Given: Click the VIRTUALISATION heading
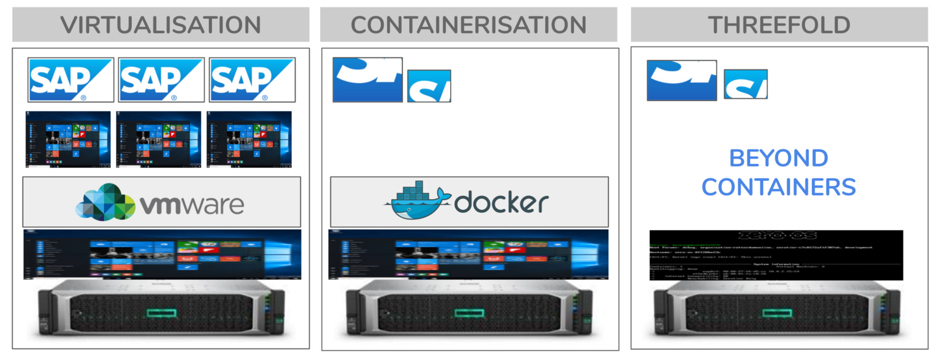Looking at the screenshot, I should pyautogui.click(x=161, y=25).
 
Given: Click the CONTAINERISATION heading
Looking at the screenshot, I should pyautogui.click(x=468, y=25).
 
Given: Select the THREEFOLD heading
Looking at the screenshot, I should pyautogui.click(x=779, y=25).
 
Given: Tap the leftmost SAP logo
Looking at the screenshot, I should pyautogui.click(x=70, y=80).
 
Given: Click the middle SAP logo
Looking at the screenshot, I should pyautogui.click(x=161, y=80).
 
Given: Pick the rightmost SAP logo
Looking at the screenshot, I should pyautogui.click(x=252, y=80).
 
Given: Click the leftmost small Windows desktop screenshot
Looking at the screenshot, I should pyautogui.click(x=68, y=139).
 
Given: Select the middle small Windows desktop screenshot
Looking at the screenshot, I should pyautogui.click(x=159, y=139).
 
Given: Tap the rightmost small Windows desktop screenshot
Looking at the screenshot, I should pyautogui.click(x=249, y=139).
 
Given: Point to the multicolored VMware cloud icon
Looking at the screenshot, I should pyautogui.click(x=105, y=202).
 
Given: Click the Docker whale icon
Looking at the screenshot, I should pyautogui.click(x=417, y=201).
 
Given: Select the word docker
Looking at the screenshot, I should pyautogui.click(x=501, y=202).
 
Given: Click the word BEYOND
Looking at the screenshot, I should pyautogui.click(x=778, y=159).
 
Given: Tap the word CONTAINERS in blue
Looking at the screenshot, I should pyautogui.click(x=778, y=187).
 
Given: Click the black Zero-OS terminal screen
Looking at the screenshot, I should pyautogui.click(x=776, y=255).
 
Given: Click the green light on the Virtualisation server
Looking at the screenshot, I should pyautogui.click(x=161, y=313).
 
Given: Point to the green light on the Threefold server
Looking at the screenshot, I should pyautogui.click(x=777, y=313).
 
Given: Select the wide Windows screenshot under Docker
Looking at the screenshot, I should pyautogui.click(x=468, y=254).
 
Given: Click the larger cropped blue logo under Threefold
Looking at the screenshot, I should pyautogui.click(x=682, y=80).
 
